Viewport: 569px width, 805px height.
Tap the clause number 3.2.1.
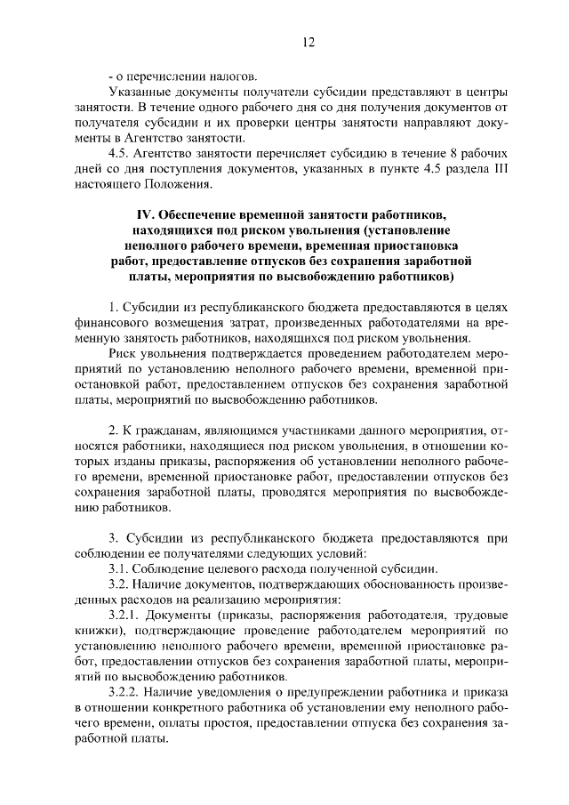(x=125, y=616)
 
